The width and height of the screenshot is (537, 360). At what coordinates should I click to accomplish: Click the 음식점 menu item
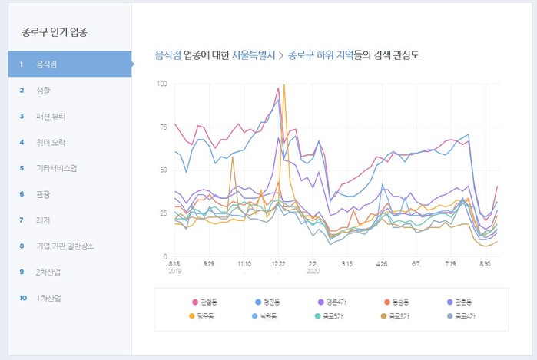46,64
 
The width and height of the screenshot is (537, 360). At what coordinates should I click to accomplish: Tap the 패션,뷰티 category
51,116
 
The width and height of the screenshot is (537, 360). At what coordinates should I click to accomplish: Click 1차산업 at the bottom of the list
48,298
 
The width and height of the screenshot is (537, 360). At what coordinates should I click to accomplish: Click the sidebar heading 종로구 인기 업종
55,33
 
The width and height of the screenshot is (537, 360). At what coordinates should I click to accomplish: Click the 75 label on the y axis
163,126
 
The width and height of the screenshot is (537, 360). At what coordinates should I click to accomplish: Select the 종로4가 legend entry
466,316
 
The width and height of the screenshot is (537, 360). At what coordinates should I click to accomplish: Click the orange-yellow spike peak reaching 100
284,85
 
